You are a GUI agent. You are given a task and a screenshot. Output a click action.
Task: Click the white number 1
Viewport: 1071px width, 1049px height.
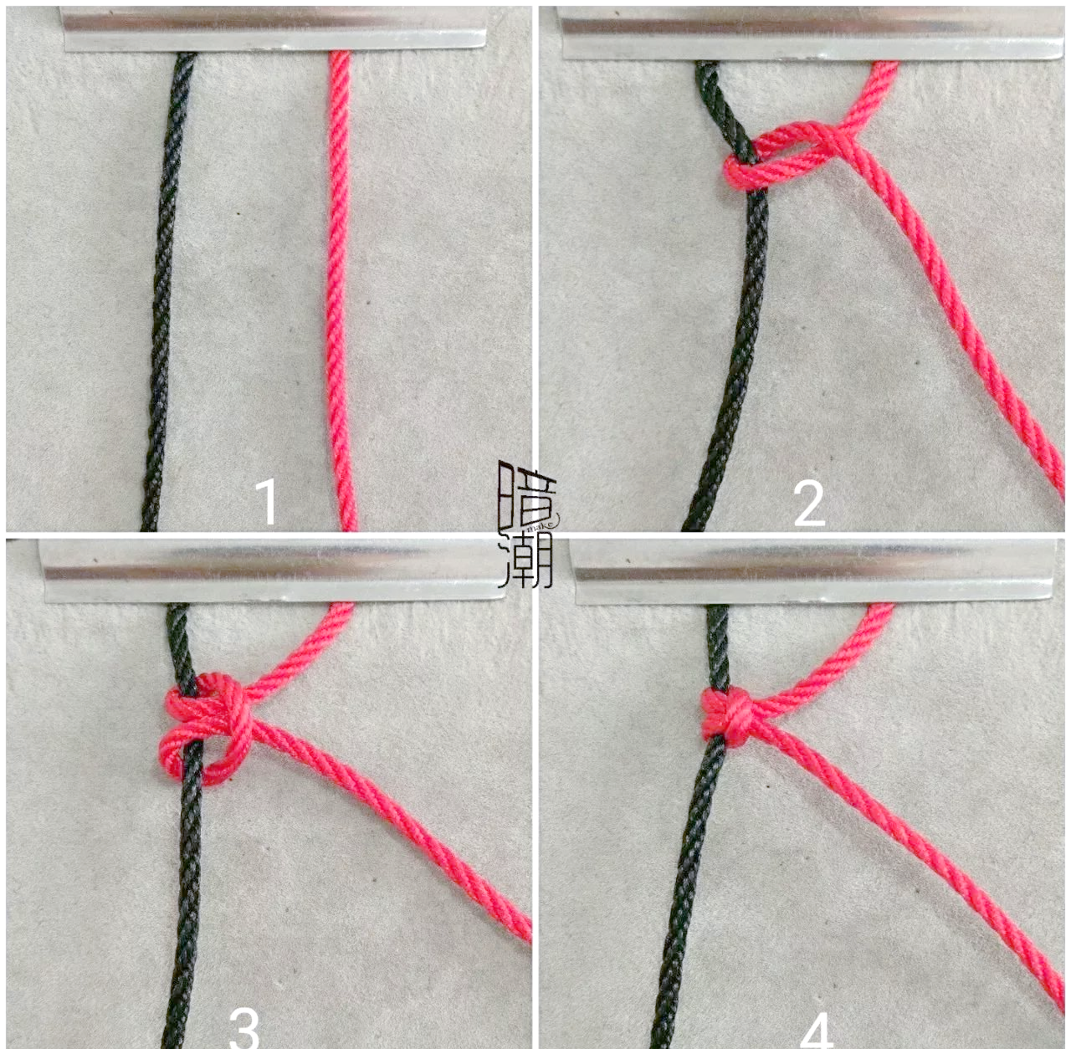click(x=268, y=502)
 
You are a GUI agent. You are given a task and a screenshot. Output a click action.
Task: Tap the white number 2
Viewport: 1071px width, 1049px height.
click(x=808, y=504)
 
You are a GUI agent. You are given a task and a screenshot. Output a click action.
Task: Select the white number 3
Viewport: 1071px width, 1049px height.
click(x=244, y=1029)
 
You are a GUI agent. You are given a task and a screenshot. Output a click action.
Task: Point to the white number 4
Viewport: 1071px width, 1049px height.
click(x=817, y=1030)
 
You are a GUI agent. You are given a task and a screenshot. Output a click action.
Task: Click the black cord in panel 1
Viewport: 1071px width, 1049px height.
click(x=165, y=289)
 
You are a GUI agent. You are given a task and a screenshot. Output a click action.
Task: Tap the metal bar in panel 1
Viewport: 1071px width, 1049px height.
click(x=274, y=29)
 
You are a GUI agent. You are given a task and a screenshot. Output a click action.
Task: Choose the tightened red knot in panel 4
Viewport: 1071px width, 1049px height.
click(x=727, y=717)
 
